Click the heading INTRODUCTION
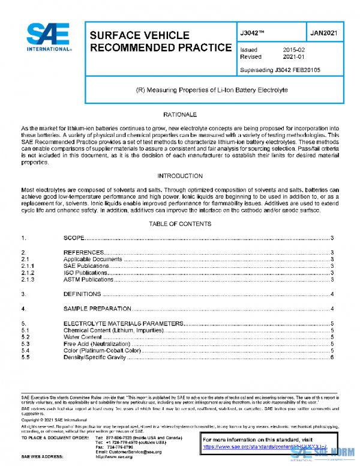tap(180, 176)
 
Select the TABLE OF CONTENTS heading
tap(180, 224)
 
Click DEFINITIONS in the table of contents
tap(82, 294)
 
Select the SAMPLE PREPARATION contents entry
tap(97, 309)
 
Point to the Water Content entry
tap(83, 337)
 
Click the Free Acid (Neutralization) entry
tap(97, 343)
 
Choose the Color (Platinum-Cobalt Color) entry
tap(102, 350)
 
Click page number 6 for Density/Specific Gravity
tap(332, 357)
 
